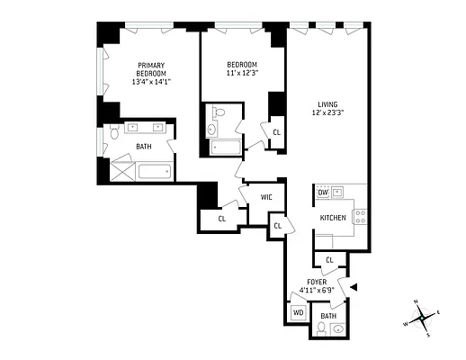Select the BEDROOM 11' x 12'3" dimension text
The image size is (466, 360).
242,74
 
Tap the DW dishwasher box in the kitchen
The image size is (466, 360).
322,192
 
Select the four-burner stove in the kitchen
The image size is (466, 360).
360,216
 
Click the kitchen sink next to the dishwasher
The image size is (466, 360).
339,192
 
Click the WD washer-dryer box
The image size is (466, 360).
298,313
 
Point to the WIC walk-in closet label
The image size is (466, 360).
266,197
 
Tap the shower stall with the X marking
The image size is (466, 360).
121,170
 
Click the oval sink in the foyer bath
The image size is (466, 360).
338,329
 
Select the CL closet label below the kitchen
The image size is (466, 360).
329,260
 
